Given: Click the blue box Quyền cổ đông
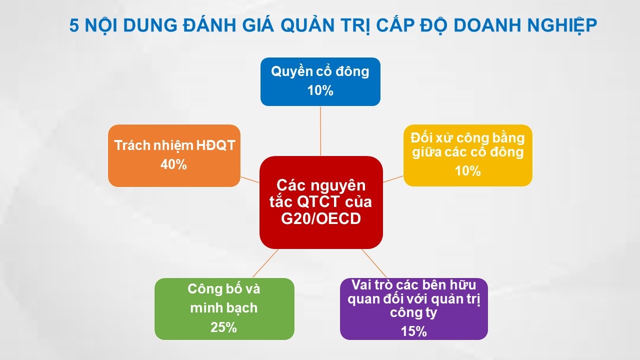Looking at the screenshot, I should pyautogui.click(x=320, y=81).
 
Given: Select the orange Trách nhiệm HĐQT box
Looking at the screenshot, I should pyautogui.click(x=174, y=155).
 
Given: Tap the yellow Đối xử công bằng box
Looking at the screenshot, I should pyautogui.click(x=467, y=155).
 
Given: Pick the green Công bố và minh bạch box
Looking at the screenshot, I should pyautogui.click(x=224, y=308).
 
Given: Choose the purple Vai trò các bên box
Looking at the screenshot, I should pyautogui.click(x=413, y=308).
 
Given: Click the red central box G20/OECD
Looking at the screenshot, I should pyautogui.click(x=320, y=202).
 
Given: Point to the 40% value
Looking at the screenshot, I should pyautogui.click(x=174, y=164).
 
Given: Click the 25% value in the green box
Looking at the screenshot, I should pyautogui.click(x=224, y=327).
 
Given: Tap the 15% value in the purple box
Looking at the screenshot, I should pyautogui.click(x=413, y=331).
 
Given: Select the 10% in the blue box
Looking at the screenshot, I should pyautogui.click(x=320, y=90).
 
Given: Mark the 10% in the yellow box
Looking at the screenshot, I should pyautogui.click(x=467, y=171).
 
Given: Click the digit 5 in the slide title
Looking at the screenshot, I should pyautogui.click(x=74, y=25).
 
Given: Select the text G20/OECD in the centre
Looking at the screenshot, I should pyautogui.click(x=320, y=219).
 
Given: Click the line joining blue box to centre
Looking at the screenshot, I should pyautogui.click(x=320, y=130).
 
